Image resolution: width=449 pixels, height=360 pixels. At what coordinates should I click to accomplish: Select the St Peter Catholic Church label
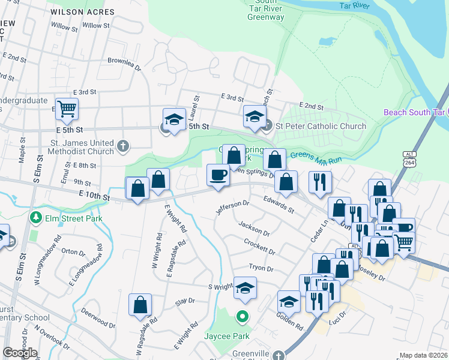point(321,126)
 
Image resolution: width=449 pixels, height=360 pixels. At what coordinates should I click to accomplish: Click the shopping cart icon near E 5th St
point(67,109)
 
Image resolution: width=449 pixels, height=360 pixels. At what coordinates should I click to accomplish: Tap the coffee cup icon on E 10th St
point(217,175)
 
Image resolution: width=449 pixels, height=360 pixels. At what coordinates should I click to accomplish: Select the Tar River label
point(353,5)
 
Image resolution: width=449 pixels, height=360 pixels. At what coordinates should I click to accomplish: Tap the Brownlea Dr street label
point(124,61)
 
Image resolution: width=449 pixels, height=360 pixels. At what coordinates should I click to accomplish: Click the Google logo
point(20,352)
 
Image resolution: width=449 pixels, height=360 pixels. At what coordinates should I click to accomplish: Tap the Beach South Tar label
point(414,113)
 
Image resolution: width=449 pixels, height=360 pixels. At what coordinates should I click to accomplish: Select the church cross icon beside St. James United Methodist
point(122,145)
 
